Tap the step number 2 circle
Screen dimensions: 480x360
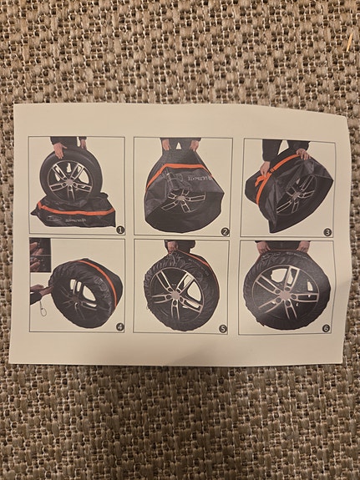224,231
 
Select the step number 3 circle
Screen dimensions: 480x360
327,232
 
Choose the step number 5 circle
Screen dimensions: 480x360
222,328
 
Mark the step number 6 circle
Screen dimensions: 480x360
324,329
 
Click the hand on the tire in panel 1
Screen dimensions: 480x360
59,151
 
